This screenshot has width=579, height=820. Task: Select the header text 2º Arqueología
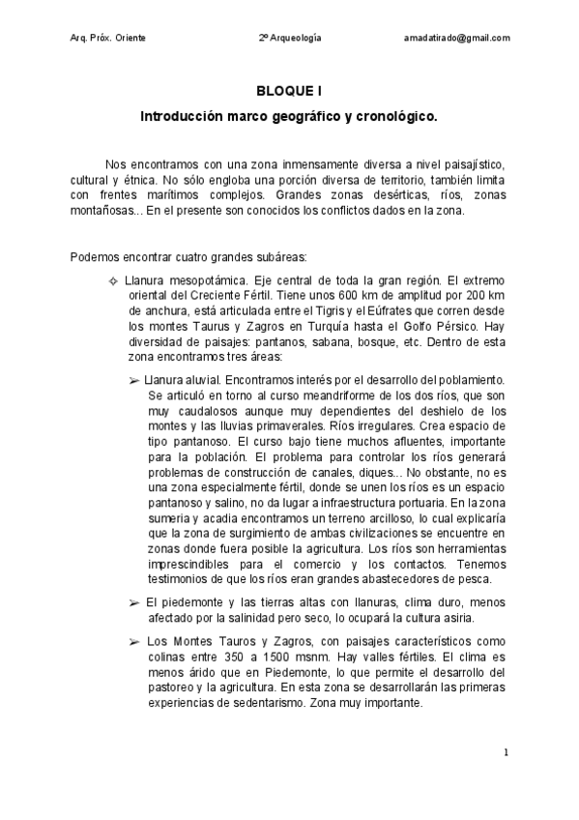click(x=289, y=38)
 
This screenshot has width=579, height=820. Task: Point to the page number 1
click(x=506, y=750)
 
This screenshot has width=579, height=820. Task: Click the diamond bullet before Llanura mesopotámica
click(x=114, y=280)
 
